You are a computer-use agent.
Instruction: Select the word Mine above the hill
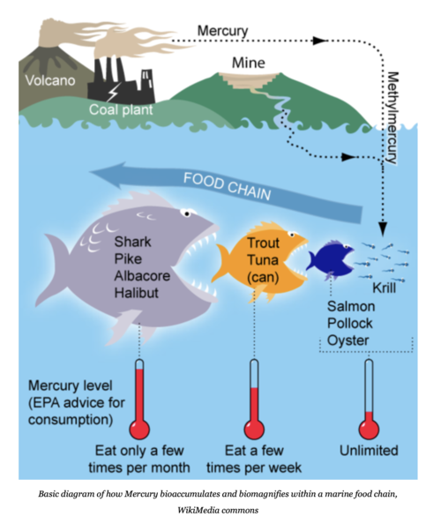pos(248,63)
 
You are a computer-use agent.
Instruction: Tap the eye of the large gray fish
pos(187,213)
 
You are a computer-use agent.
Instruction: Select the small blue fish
pos(330,257)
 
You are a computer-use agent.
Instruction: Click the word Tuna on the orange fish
pos(262,260)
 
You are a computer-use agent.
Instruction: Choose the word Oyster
pos(348,339)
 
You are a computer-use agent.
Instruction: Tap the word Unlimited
pos(369,451)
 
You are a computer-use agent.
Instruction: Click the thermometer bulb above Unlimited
pos(369,428)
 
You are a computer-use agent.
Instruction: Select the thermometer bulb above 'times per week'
pos(255,428)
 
